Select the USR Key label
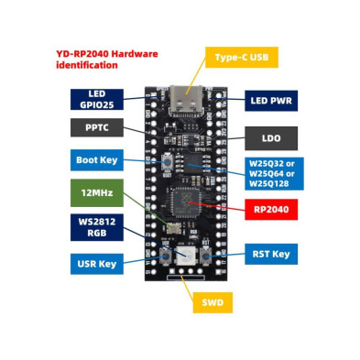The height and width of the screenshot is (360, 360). pyautogui.click(x=96, y=264)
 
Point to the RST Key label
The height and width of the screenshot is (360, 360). pyautogui.click(x=270, y=254)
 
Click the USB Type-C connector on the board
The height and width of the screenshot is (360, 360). pyautogui.click(x=180, y=101)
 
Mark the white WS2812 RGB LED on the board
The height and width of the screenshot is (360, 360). pyautogui.click(x=184, y=256)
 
